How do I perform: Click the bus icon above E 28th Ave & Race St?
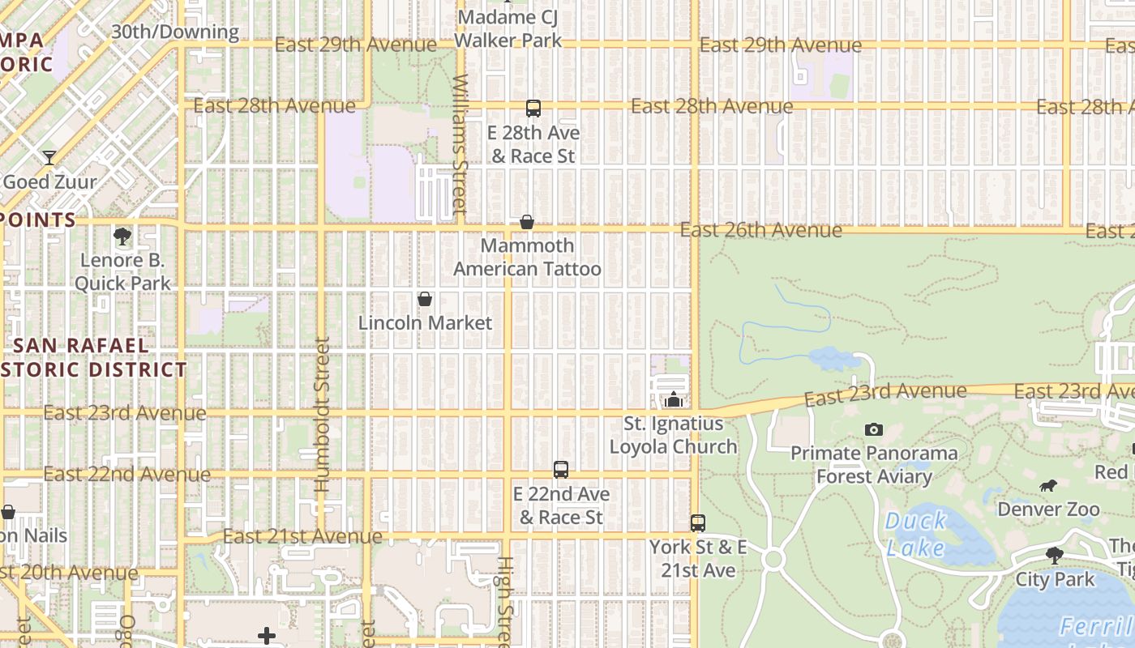pos(533,109)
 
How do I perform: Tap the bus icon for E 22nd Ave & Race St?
pos(560,470)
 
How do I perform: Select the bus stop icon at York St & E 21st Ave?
pos(698,523)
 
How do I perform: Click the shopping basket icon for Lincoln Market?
pos(424,300)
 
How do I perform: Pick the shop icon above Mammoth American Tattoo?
pos(526,222)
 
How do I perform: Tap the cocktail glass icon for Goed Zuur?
pos(49,158)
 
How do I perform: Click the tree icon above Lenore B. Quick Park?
pos(122,237)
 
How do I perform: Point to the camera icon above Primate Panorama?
pos(873,429)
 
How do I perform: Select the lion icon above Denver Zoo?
pos(1048,486)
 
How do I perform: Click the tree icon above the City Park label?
pos(1054,556)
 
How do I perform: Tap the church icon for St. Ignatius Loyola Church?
pos(673,399)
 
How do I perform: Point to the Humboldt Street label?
pos(322,415)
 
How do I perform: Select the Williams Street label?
pos(460,144)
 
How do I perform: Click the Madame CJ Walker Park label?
pos(508,28)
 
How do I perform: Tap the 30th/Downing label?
pos(175,32)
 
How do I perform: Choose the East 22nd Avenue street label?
pos(127,474)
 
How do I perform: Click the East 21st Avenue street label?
pos(302,536)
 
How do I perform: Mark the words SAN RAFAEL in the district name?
pos(81,345)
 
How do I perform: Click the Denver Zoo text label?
pos(1048,509)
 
